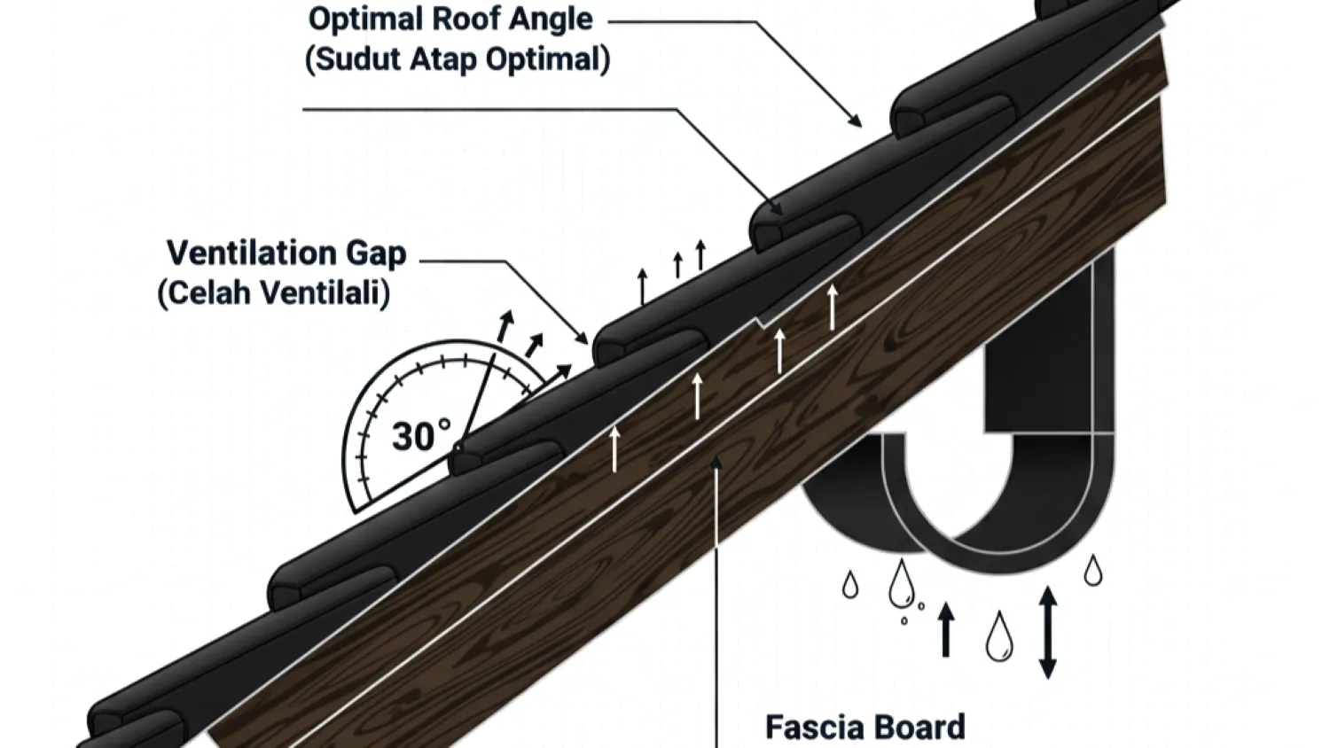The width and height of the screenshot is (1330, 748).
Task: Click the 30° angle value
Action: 420,437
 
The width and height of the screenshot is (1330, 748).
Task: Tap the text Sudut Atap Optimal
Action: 458,59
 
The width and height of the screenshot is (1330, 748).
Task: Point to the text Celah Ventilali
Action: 274,292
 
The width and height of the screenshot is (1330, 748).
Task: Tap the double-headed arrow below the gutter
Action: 1047,632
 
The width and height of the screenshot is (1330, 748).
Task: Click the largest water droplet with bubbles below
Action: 902,584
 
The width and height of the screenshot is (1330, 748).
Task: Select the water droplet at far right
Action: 1093,571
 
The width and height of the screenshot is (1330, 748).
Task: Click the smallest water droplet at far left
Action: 850,585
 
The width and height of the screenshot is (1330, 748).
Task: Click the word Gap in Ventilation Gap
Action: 376,253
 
